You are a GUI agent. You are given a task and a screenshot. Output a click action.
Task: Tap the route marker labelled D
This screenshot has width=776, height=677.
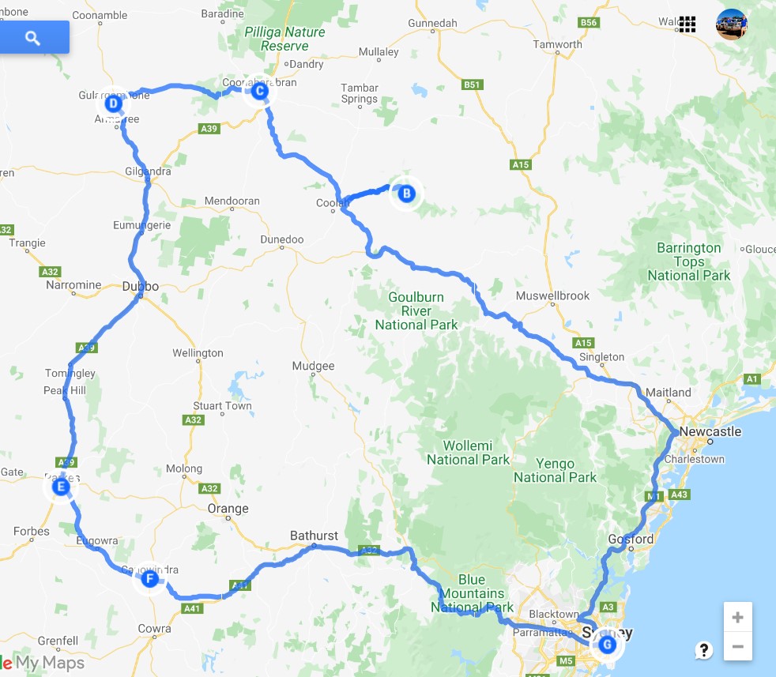[113, 103]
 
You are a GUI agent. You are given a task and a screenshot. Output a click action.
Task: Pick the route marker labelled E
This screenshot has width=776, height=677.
[60, 488]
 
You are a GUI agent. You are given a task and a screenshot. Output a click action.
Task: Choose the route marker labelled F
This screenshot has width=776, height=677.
[149, 578]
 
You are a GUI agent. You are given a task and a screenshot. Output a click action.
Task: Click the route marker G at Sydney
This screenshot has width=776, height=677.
[607, 645]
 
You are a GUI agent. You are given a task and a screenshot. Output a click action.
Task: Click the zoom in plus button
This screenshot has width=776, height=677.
[737, 617]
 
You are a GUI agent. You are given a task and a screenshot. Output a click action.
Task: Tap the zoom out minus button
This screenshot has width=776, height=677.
[737, 646]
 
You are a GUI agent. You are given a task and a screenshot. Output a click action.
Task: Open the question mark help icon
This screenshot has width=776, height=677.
[703, 650]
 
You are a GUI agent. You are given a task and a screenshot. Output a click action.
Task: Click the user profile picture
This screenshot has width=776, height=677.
[731, 24]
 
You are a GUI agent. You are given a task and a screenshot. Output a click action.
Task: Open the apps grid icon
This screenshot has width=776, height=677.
[687, 24]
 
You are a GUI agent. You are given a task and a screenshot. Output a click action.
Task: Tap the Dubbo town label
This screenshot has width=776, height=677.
[141, 287]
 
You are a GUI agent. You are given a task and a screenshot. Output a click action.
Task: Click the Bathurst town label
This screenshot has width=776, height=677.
[314, 536]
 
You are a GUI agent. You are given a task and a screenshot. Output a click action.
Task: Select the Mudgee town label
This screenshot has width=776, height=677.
[314, 366]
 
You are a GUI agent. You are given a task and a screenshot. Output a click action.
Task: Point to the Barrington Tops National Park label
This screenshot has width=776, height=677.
[689, 261]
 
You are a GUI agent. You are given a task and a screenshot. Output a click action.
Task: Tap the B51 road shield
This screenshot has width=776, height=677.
[472, 85]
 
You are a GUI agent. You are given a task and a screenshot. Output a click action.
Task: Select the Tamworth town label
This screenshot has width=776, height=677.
[557, 44]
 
